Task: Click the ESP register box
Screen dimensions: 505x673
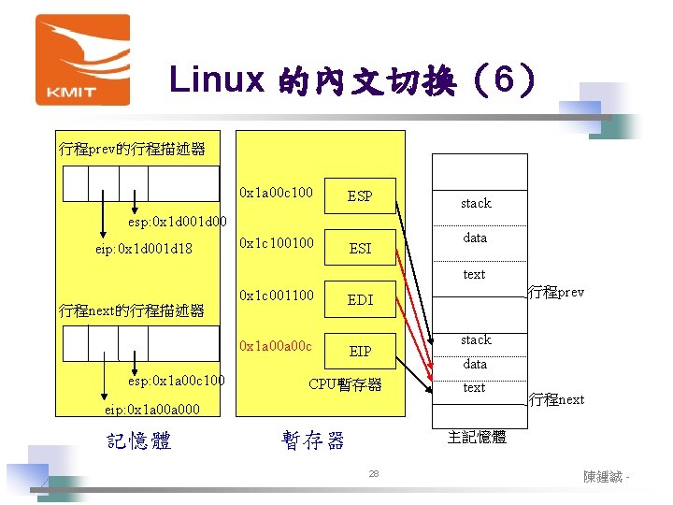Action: click(x=360, y=196)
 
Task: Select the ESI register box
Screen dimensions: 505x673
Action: click(x=360, y=248)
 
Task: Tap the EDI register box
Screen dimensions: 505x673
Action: click(x=360, y=300)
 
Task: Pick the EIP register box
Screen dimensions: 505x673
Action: click(x=360, y=352)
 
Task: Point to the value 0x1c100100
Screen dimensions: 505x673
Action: click(x=276, y=244)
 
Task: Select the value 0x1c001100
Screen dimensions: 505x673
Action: click(x=276, y=296)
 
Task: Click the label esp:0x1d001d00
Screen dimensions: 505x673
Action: click(x=177, y=224)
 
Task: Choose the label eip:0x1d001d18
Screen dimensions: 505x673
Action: click(x=144, y=249)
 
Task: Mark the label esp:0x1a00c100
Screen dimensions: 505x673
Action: click(x=176, y=382)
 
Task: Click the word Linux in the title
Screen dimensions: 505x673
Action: click(x=218, y=80)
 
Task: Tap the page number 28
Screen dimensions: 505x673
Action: click(x=373, y=475)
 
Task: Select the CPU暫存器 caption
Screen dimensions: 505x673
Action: click(x=345, y=384)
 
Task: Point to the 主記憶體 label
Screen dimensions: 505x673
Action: click(x=477, y=437)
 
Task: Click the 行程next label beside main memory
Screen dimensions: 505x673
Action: click(x=556, y=399)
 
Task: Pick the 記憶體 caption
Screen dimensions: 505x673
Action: click(x=139, y=440)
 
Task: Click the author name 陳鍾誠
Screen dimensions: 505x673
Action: click(x=604, y=477)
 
